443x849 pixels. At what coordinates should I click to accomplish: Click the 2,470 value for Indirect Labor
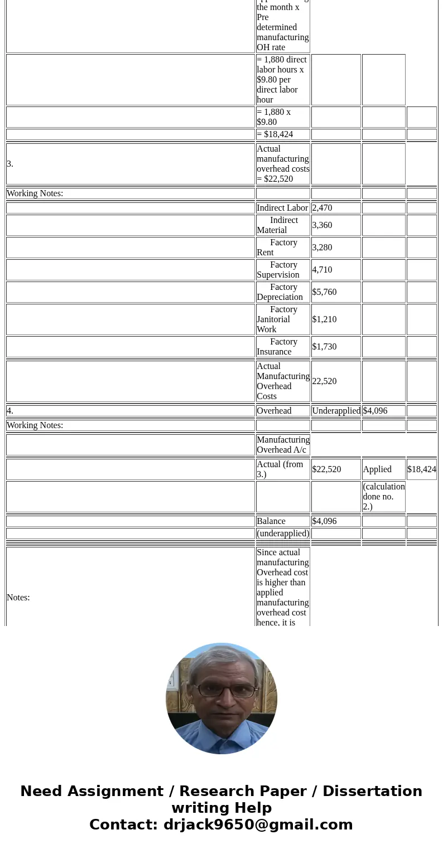(x=322, y=208)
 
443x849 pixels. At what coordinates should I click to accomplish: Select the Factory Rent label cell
(x=283, y=248)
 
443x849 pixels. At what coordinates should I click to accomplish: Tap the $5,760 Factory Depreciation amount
(x=325, y=292)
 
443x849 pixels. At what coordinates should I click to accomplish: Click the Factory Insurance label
(x=283, y=347)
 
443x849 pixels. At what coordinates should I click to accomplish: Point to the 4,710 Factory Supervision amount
(x=322, y=270)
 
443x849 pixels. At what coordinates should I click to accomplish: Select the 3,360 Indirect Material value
(x=322, y=225)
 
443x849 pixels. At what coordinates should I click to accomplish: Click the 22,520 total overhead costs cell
(x=325, y=381)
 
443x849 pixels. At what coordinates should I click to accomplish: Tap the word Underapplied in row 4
(x=336, y=411)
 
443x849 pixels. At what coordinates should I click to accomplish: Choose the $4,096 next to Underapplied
(x=375, y=411)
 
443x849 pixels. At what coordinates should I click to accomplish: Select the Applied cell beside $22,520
(x=378, y=469)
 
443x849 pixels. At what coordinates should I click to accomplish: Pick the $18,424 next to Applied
(x=422, y=469)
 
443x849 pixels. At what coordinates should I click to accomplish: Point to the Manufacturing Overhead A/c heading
(x=283, y=445)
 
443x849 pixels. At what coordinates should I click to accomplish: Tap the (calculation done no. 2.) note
(x=383, y=497)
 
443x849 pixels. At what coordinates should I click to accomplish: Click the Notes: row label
(x=18, y=598)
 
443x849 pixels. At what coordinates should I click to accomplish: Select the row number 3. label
(x=10, y=164)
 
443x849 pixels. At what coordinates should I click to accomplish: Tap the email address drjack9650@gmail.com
(x=258, y=825)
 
